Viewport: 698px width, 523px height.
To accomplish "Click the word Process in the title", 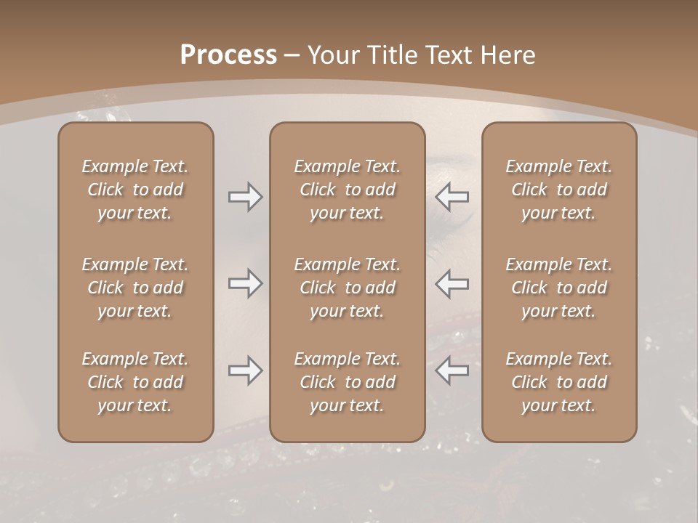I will coord(228,55).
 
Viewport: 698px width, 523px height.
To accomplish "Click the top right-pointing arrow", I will coord(246,197).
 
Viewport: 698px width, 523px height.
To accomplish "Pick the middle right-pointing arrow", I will coord(246,283).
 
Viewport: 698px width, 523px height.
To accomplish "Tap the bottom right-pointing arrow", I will coord(246,370).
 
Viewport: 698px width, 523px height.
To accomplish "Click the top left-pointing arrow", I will coord(452,197).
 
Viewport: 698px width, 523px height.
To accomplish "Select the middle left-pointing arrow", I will coord(452,283).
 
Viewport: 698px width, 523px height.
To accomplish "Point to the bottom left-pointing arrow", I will coord(452,370).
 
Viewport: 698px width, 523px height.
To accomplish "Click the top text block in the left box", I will coord(135,190).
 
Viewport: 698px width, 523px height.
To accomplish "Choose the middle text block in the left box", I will coord(135,288).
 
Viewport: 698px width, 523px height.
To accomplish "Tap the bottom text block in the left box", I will coord(135,382).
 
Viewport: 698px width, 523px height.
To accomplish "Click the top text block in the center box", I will coord(348,190).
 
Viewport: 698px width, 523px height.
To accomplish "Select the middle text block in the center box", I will coord(348,288).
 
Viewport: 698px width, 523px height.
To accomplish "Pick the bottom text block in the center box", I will coord(348,382).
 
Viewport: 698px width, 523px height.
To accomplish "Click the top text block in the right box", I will coord(559,190).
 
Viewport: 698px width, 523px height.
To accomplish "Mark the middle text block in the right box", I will coord(559,288).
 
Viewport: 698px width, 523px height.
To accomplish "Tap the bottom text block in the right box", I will coord(559,382).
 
